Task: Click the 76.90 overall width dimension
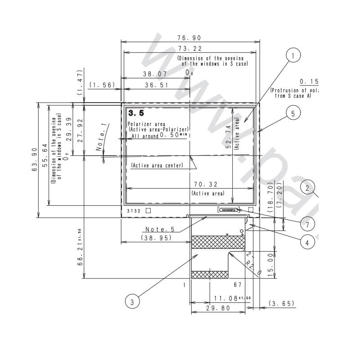click(x=189, y=38)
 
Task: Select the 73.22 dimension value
click(x=189, y=49)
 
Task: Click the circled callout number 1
click(x=293, y=56)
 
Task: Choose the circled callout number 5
click(x=293, y=113)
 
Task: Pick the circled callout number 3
click(x=132, y=302)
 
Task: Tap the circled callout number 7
click(x=307, y=224)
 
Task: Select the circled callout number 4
click(x=307, y=243)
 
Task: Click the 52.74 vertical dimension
click(x=228, y=136)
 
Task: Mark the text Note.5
click(x=160, y=229)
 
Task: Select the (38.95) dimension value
click(x=156, y=238)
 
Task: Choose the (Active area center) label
click(x=157, y=166)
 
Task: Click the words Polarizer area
click(x=146, y=124)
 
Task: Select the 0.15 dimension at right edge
click(x=309, y=81)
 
